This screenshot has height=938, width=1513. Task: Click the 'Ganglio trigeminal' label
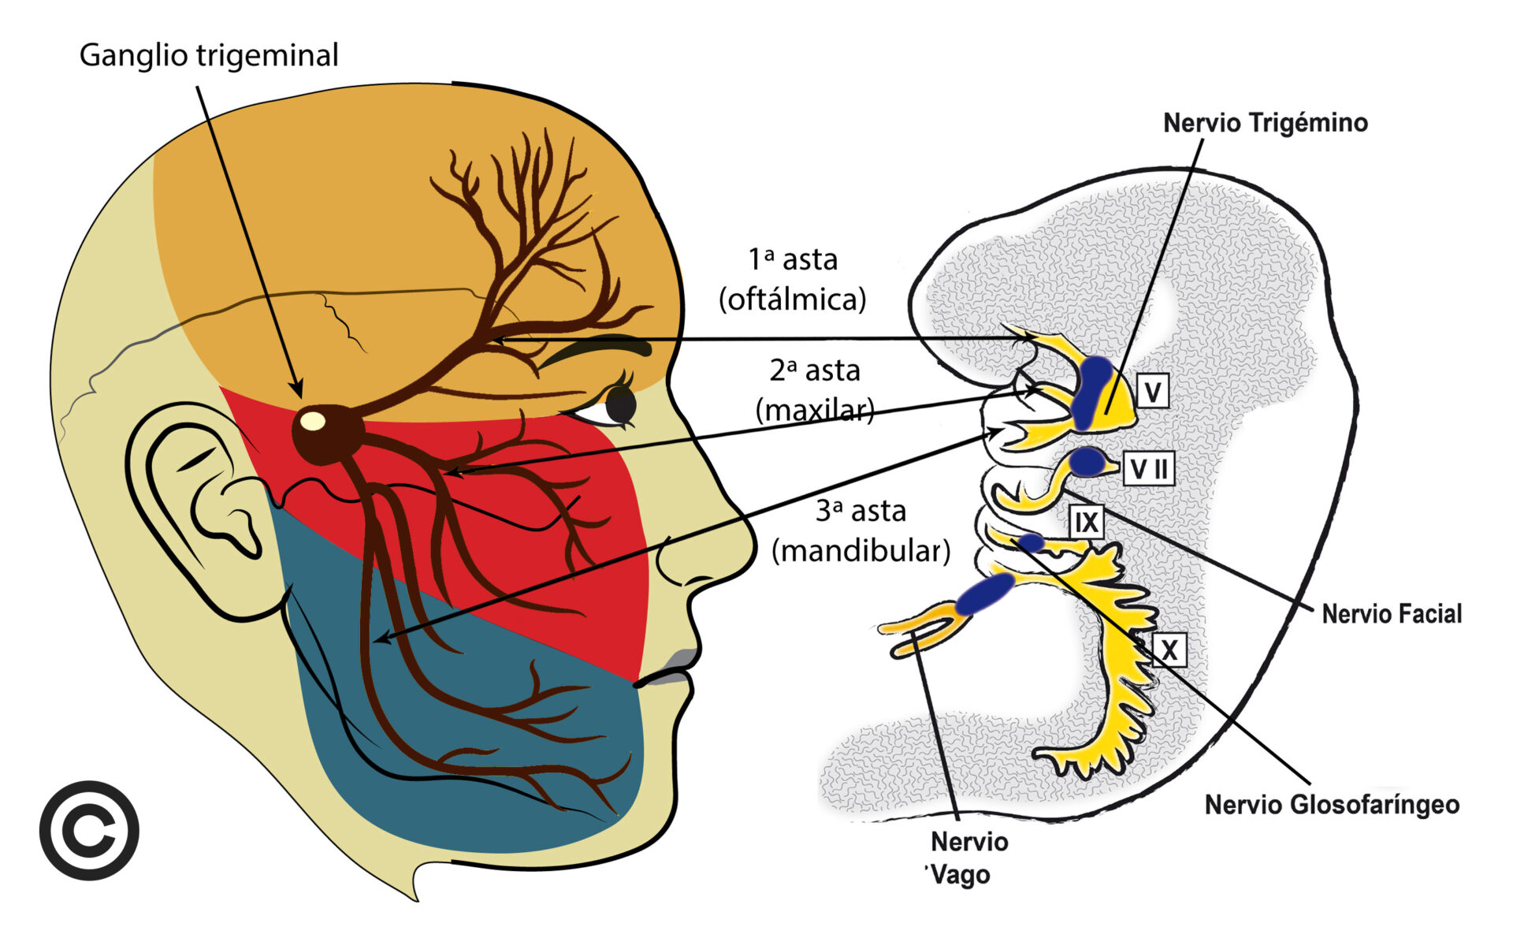pos(209,56)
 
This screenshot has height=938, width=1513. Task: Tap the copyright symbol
pos(89,830)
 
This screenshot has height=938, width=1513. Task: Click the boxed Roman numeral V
pos(1153,391)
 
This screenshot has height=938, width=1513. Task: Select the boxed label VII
pos(1149,468)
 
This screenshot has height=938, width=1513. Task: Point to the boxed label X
pos(1169,650)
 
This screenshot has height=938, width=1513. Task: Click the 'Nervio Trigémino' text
pos(1265,123)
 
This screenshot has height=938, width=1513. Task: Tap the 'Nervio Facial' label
pos(1391,613)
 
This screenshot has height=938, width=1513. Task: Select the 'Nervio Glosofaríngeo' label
pos(1332,805)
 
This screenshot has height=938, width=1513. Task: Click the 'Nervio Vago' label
pos(965,858)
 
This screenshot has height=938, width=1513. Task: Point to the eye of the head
pos(619,405)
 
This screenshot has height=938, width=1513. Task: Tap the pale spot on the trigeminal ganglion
pos(313,421)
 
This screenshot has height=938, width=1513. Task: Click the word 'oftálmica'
pos(792,300)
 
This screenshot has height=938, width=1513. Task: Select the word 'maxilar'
pos(815,410)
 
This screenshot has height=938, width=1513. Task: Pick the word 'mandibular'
pos(861,550)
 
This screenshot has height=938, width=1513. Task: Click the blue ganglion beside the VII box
pos(1088,461)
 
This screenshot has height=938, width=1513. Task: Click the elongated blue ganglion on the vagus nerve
pos(985,593)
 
